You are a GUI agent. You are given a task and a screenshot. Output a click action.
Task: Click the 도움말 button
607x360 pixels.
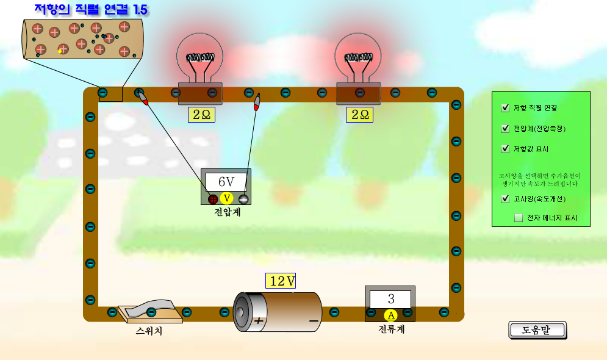click(x=537, y=330)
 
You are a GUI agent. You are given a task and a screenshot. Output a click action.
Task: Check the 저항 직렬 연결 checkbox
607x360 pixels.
click(x=505, y=108)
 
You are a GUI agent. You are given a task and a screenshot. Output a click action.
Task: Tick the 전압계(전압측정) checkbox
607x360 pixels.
click(x=505, y=129)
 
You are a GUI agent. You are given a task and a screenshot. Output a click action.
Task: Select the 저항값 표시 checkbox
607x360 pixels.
click(x=505, y=149)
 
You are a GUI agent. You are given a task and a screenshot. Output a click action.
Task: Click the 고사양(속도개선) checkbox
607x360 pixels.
click(x=505, y=199)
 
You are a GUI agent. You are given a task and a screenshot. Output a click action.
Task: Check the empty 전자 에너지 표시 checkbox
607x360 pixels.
click(x=519, y=218)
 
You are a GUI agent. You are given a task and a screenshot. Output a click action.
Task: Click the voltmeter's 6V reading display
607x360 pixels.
click(x=226, y=182)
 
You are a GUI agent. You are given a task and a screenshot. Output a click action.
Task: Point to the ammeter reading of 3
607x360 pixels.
click(x=390, y=299)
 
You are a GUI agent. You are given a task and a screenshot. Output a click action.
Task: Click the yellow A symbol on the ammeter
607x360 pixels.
click(x=391, y=315)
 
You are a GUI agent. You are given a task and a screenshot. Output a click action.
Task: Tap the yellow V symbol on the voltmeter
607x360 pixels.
click(x=227, y=198)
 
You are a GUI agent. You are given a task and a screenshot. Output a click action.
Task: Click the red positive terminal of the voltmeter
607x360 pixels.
click(x=213, y=199)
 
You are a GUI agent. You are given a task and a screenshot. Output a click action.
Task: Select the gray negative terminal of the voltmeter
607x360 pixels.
click(x=243, y=199)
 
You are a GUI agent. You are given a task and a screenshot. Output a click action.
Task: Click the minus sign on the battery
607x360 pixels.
click(x=314, y=320)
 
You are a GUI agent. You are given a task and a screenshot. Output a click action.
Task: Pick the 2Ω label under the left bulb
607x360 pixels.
click(x=201, y=114)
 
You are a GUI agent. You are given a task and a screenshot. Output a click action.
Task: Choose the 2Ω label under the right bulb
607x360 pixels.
click(x=359, y=114)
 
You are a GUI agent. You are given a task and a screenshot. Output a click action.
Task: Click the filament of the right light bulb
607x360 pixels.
click(x=359, y=58)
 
